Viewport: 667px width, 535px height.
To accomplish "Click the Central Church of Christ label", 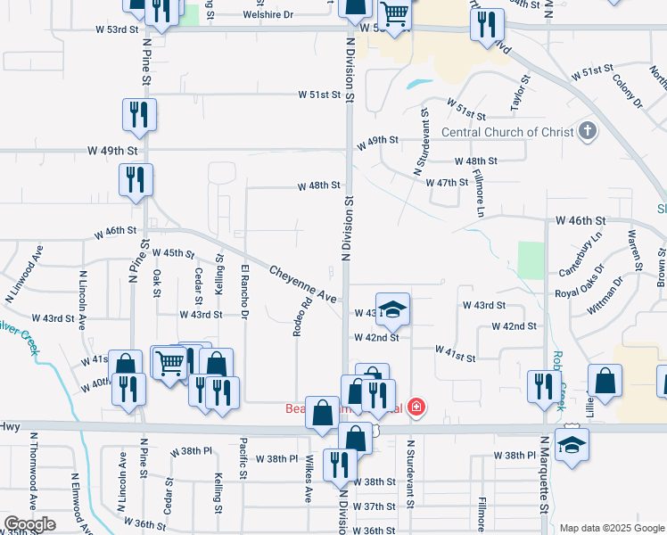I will tap(506, 132).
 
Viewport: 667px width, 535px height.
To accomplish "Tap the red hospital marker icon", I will tap(416, 409).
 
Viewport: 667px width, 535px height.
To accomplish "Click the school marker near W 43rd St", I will tap(392, 309).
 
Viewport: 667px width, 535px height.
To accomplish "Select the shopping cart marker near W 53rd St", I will tap(393, 14).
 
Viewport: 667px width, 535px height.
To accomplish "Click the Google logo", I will tap(29, 524).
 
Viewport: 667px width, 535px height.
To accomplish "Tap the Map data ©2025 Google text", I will tap(612, 528).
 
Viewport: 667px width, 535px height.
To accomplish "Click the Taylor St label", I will tap(516, 98).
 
